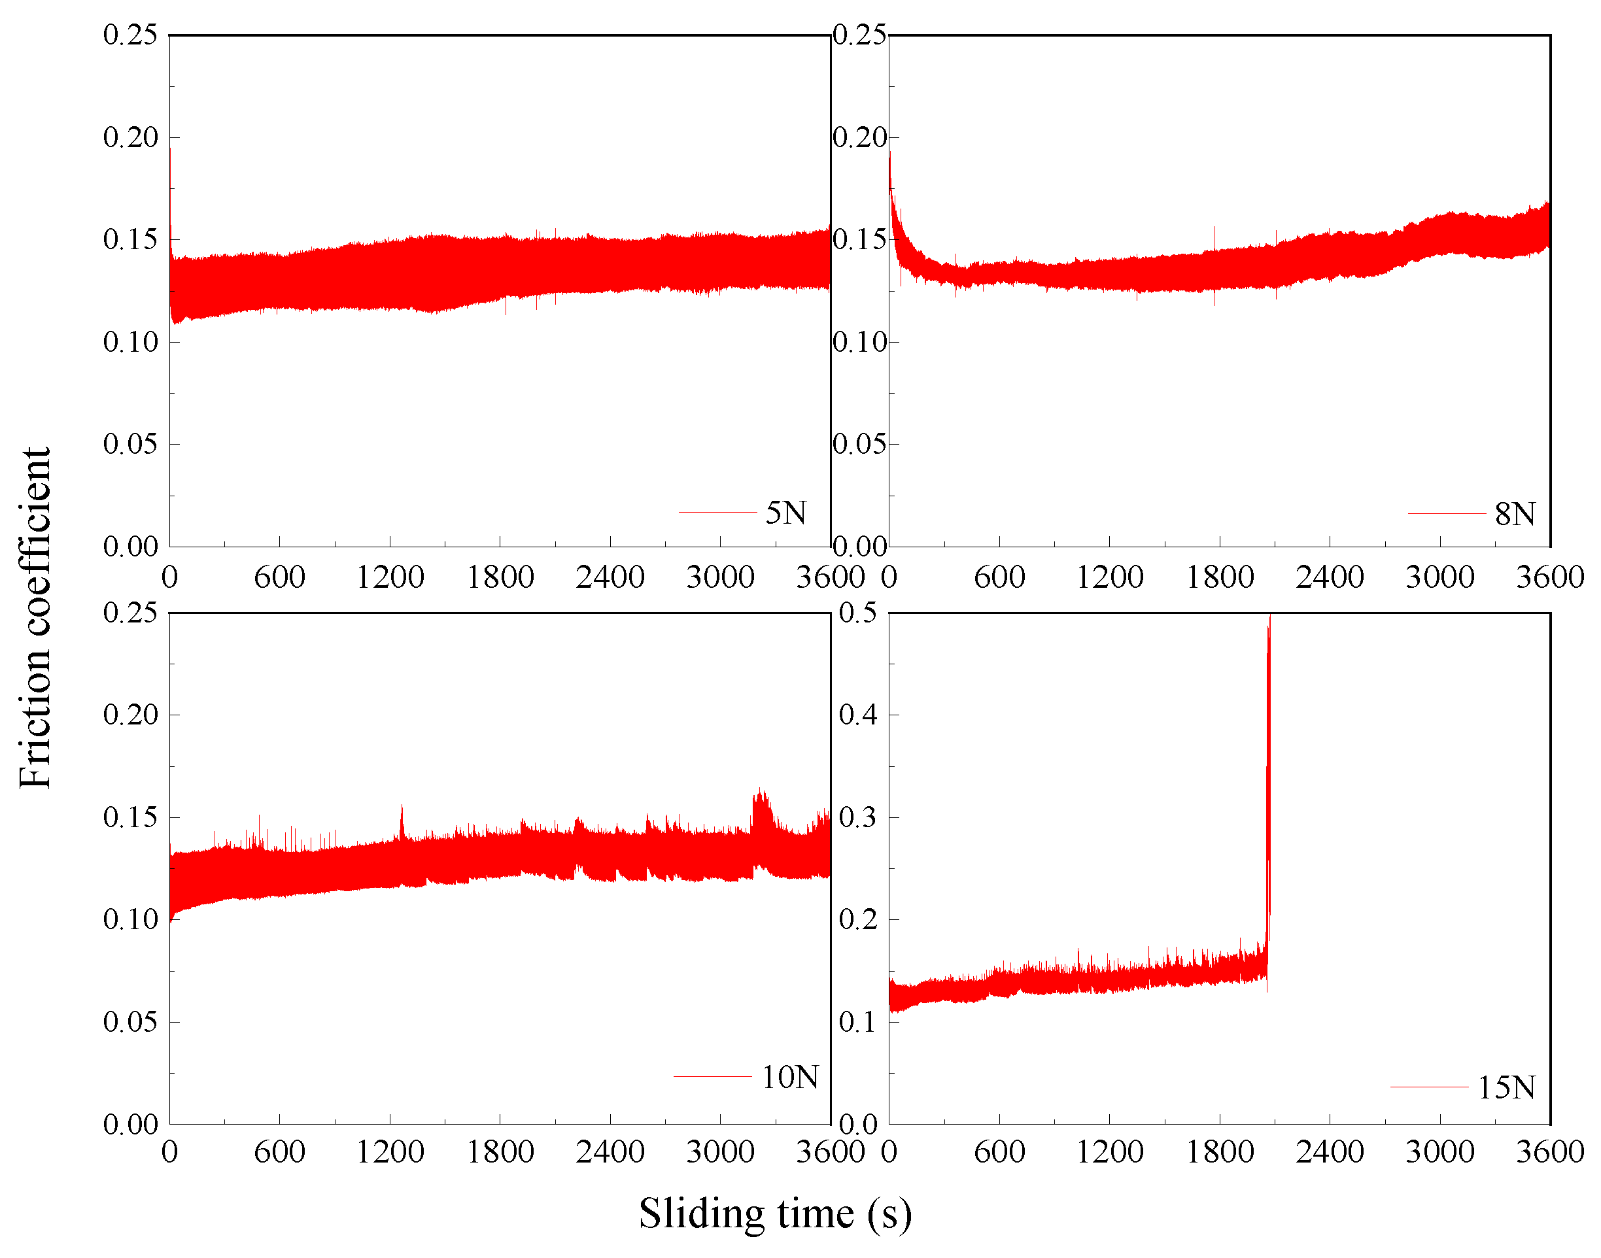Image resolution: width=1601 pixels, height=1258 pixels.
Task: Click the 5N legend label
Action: click(x=785, y=513)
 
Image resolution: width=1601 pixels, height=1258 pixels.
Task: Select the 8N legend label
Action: click(x=1515, y=514)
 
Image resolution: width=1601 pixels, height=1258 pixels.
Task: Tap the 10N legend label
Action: click(x=789, y=1078)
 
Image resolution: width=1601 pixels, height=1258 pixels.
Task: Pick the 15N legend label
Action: click(x=1506, y=1088)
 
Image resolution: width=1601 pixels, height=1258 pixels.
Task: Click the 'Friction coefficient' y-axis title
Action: click(x=35, y=617)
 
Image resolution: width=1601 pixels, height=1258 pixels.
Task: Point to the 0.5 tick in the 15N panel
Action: click(x=858, y=612)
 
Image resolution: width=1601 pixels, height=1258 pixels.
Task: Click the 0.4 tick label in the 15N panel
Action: click(x=858, y=715)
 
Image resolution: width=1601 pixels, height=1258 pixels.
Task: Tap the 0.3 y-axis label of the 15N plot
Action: click(x=858, y=817)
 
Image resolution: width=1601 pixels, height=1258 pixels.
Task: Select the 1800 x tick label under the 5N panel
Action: click(x=500, y=577)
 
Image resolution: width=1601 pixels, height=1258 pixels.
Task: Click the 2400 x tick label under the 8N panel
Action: click(x=1330, y=577)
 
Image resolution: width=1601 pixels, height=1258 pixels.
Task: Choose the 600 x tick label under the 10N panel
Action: click(x=279, y=1152)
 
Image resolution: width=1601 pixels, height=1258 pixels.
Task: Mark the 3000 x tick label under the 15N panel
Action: click(x=1439, y=1152)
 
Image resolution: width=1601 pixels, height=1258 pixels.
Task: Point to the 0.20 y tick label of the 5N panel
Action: click(x=130, y=137)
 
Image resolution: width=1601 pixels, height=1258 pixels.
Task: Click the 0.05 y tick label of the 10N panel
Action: click(x=130, y=1021)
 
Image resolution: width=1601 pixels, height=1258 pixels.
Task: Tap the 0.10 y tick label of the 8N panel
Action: click(x=860, y=342)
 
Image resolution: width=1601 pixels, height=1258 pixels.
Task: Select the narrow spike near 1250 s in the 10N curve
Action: click(x=402, y=820)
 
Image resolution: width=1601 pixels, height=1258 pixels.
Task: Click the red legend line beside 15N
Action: click(x=1430, y=1087)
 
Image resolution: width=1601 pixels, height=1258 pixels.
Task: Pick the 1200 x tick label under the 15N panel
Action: click(x=1110, y=1152)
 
